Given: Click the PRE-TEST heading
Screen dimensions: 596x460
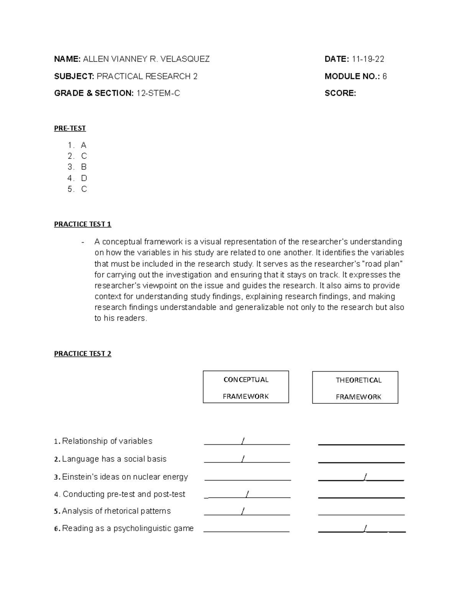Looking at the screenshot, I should [x=70, y=128].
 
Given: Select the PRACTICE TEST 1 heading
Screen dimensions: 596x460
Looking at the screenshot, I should [x=82, y=224].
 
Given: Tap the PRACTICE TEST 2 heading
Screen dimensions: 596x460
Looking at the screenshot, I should [x=82, y=353].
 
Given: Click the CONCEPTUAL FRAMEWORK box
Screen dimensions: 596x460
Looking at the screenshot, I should [x=246, y=387].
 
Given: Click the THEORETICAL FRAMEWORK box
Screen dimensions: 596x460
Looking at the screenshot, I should [x=355, y=387].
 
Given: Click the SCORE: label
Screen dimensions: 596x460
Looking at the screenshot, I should [x=340, y=93].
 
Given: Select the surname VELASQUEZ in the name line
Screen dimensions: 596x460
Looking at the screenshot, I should [x=185, y=59].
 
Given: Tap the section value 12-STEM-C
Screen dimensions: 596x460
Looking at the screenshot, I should [x=158, y=93].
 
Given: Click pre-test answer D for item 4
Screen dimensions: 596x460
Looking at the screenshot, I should [x=84, y=178].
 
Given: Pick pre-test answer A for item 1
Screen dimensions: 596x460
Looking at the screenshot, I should [x=84, y=145].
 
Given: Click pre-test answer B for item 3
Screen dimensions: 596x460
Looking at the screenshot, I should [x=84, y=167].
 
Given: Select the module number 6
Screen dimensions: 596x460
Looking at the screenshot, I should [x=384, y=76].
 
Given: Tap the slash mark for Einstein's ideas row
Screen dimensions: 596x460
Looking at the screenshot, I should [x=366, y=477].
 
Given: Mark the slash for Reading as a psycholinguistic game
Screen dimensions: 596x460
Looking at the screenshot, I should [x=366, y=529].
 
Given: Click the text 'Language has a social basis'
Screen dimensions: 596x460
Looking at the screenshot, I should [x=114, y=459].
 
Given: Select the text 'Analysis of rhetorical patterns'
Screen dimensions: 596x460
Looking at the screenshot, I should [x=116, y=511].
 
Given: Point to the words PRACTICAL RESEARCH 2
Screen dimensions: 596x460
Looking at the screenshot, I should [x=147, y=76].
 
